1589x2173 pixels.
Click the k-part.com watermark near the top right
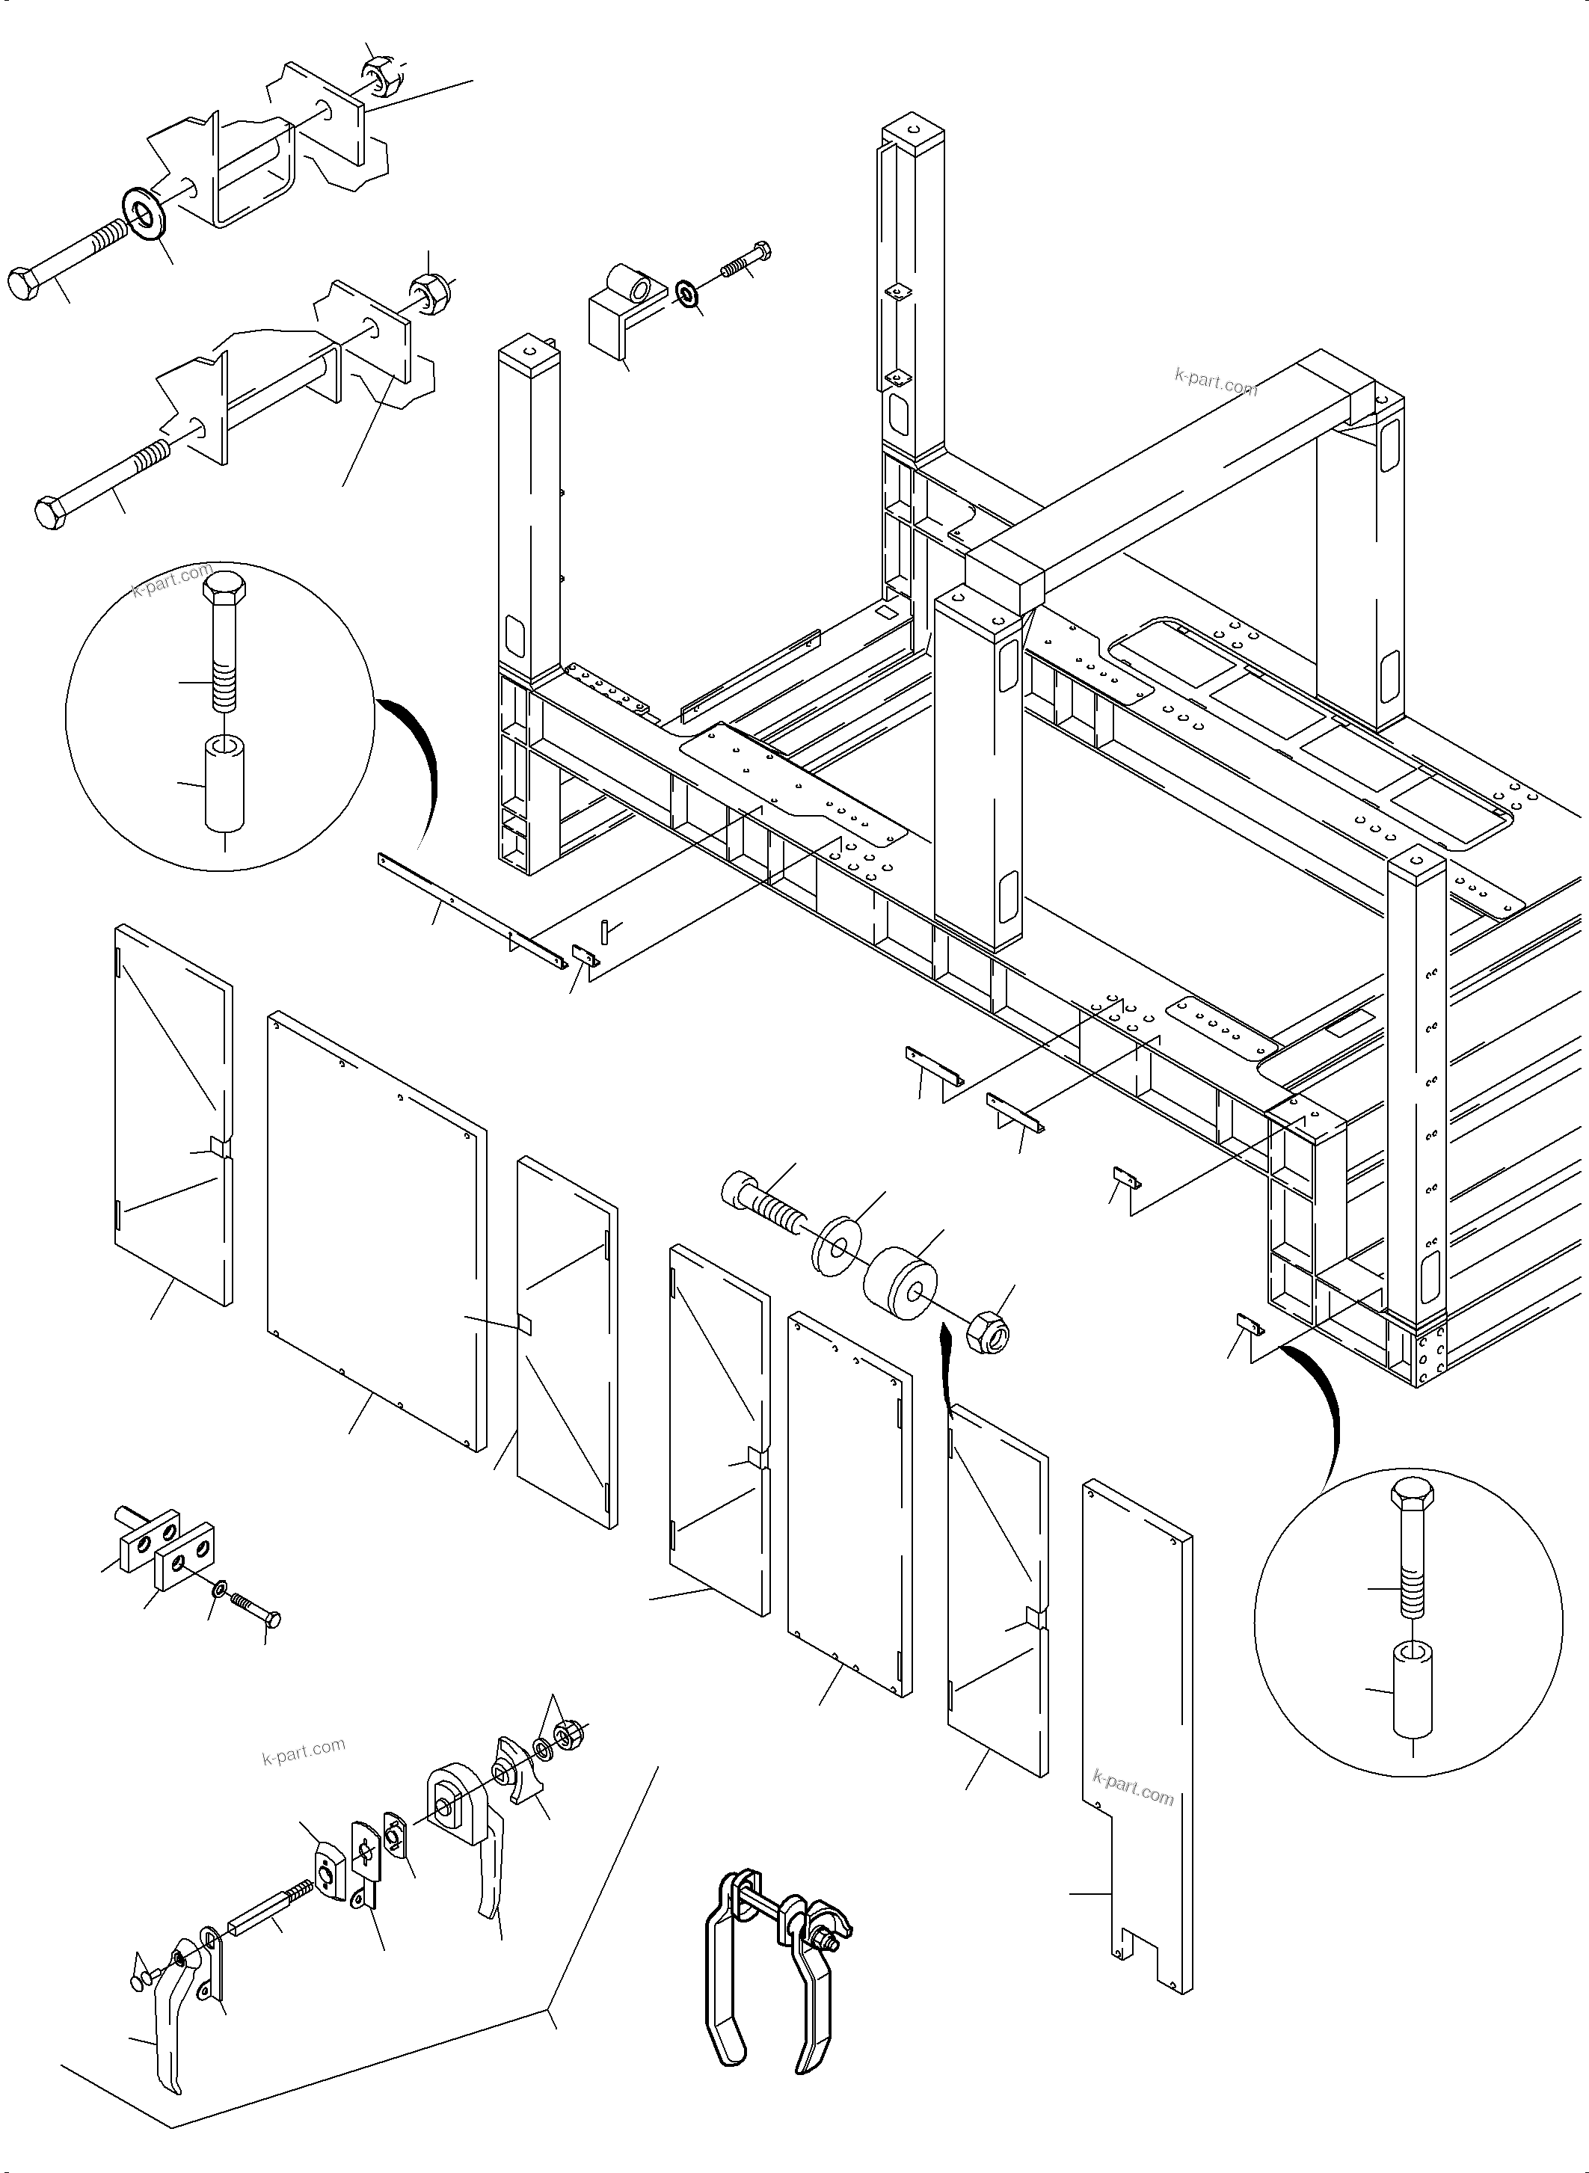point(1215,382)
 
